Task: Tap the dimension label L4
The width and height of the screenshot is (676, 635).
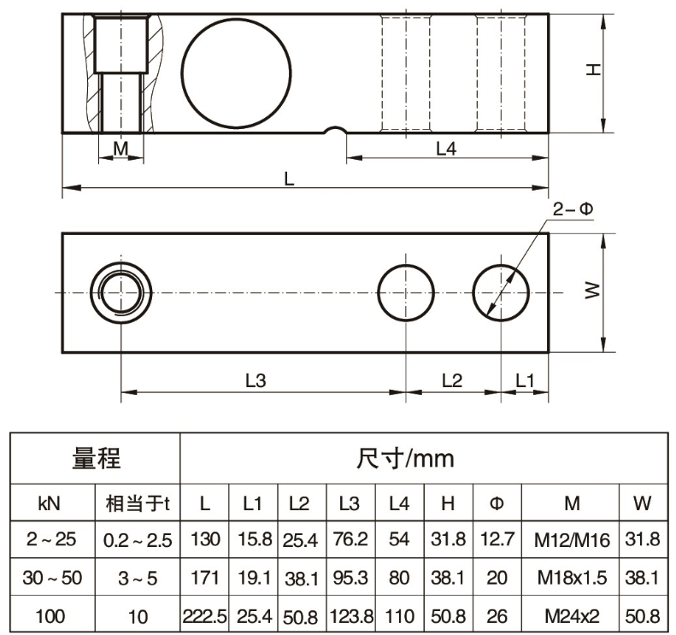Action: point(446,149)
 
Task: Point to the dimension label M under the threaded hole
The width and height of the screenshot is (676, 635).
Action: point(121,149)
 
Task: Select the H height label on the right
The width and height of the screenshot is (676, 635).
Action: point(594,69)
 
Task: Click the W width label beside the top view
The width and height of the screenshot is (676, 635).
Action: point(593,290)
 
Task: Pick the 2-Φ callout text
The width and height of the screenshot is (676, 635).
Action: point(573,209)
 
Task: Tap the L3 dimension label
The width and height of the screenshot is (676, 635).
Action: point(256,380)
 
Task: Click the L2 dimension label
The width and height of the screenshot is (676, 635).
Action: point(452,380)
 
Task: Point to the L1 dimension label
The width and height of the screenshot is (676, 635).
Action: point(525,380)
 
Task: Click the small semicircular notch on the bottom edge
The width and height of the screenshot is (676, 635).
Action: point(335,127)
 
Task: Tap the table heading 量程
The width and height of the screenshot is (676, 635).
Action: point(96,458)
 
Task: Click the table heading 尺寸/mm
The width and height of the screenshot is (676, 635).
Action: point(405,459)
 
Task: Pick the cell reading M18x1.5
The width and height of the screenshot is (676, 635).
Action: point(572,578)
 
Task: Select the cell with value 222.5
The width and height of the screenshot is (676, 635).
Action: point(204,616)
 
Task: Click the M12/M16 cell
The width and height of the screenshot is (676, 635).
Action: point(572,540)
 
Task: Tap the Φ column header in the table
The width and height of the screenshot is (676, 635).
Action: point(497,503)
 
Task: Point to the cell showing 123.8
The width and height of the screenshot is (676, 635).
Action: point(351,616)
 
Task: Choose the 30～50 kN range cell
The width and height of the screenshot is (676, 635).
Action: point(52,578)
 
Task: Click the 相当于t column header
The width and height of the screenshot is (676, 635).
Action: point(138,503)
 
